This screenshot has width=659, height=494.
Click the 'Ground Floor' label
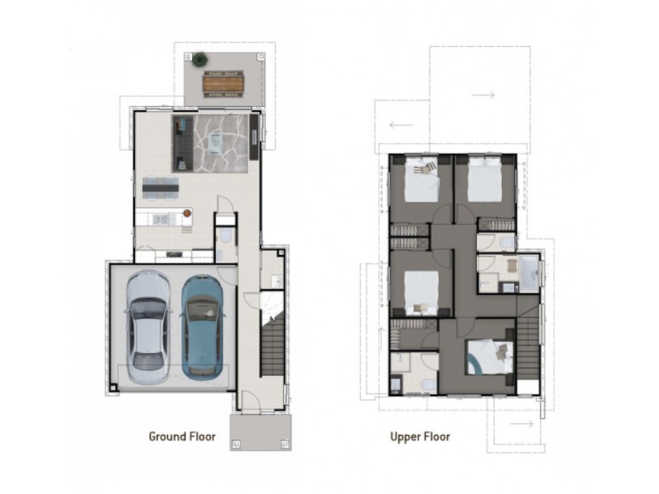coord(182,436)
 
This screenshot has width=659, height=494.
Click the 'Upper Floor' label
coord(420,437)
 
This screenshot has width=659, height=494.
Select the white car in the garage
coord(148,327)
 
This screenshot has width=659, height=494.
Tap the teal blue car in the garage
coord(202,328)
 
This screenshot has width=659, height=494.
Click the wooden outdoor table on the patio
coord(223,84)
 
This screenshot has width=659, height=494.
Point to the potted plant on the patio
coord(199,59)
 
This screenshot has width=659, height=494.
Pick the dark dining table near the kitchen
coord(160,188)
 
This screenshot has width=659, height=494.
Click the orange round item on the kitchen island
coord(187,213)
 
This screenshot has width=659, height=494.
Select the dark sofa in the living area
coord(183,143)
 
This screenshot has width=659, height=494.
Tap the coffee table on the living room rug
coord(217,142)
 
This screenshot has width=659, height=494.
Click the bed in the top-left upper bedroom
coord(422,179)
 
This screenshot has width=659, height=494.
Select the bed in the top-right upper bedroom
coord(484,179)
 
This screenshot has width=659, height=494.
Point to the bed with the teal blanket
coord(490,357)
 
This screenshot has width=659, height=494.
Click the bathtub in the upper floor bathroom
coord(530,273)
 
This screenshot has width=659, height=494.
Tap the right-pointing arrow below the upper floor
coord(521,423)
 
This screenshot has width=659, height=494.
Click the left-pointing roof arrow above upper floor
coord(401,125)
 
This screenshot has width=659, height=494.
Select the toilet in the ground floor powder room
coord(226,236)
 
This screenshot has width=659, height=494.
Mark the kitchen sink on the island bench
coord(161,219)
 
